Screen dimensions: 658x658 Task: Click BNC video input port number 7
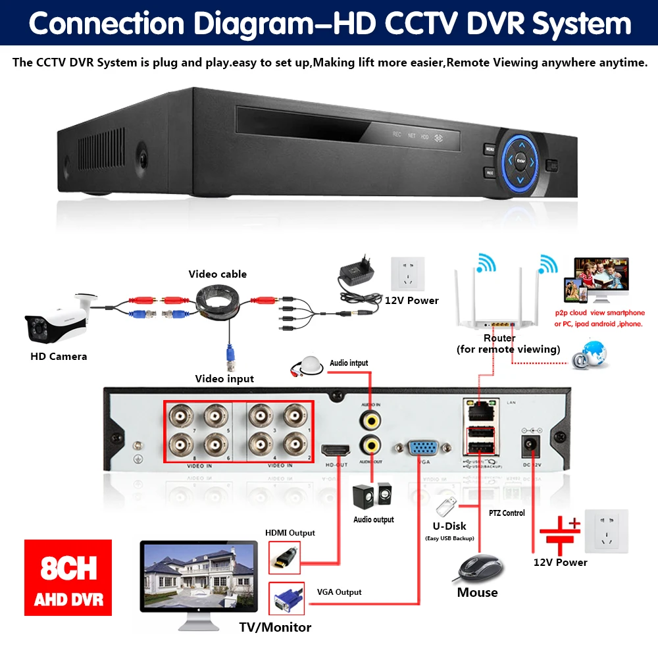coord(180,416)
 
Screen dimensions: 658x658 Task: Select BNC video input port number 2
coord(294,446)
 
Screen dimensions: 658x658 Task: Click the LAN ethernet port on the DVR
coord(479,410)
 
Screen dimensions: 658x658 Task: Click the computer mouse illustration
coord(480,568)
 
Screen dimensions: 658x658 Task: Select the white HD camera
coord(57,320)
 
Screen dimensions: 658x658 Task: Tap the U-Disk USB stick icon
coord(445,507)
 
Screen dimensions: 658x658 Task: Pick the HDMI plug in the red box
coord(285,557)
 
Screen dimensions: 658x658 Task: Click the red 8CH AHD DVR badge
coord(68,578)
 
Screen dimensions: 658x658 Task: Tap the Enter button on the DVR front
coord(520,159)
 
